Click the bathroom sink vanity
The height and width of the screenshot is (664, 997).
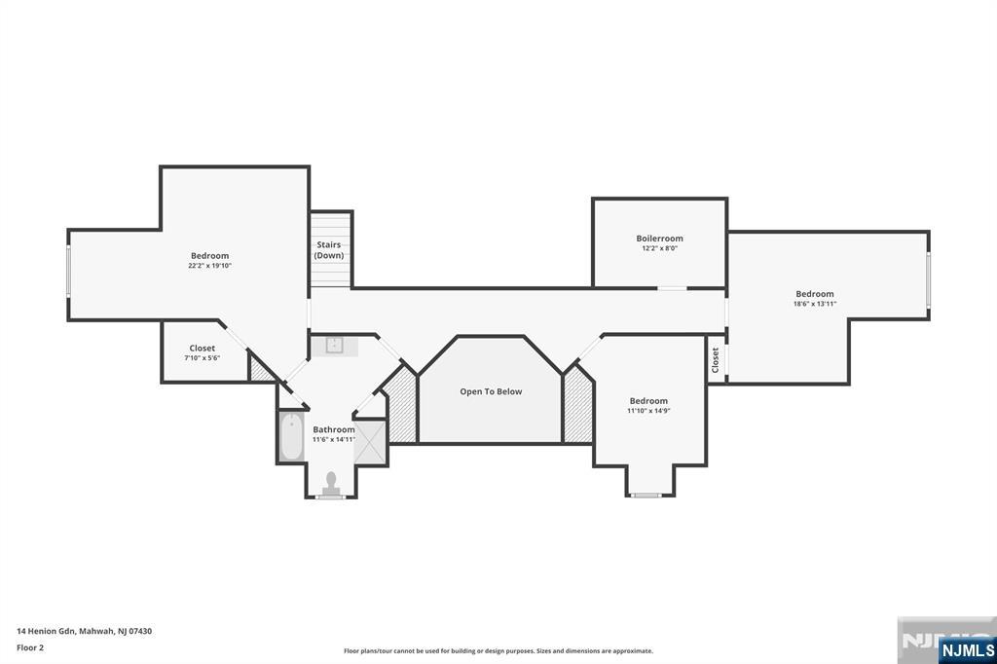pyautogui.click(x=334, y=345)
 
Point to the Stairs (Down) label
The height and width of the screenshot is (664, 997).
pyautogui.click(x=328, y=250)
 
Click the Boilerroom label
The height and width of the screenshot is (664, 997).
pyautogui.click(x=659, y=239)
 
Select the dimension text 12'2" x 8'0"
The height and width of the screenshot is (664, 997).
pyautogui.click(x=659, y=249)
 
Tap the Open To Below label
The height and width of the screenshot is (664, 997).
pyautogui.click(x=491, y=391)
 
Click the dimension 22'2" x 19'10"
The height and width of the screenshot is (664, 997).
pyautogui.click(x=209, y=266)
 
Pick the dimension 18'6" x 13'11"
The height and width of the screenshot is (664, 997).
pyautogui.click(x=815, y=304)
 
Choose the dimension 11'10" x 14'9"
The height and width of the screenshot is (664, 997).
pyautogui.click(x=648, y=411)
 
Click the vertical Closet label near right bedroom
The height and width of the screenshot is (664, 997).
pyautogui.click(x=716, y=360)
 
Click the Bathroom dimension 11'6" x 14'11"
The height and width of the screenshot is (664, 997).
pyautogui.click(x=333, y=439)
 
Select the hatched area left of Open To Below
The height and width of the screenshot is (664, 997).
pyautogui.click(x=401, y=409)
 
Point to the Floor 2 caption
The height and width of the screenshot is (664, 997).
pyautogui.click(x=30, y=646)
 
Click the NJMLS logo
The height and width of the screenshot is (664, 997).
pyautogui.click(x=966, y=649)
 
